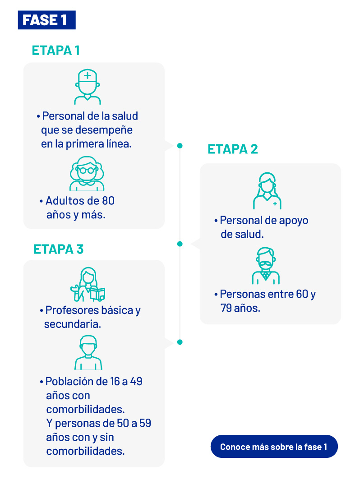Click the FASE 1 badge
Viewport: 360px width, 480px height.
(46, 20)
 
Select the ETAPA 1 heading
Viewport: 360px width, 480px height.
(56, 51)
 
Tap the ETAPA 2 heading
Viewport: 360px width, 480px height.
(233, 149)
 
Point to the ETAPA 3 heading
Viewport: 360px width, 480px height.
(59, 249)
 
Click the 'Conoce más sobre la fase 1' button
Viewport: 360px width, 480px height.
(274, 447)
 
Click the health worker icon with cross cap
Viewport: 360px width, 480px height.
(88, 87)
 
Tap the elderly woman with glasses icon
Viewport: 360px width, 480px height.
(87, 173)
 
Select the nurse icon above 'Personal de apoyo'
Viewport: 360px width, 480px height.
(267, 191)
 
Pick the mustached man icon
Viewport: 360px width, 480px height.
(266, 266)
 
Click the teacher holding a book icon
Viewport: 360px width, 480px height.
(88, 284)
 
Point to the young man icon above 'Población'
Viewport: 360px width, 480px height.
(88, 352)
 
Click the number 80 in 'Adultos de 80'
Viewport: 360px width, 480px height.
(108, 201)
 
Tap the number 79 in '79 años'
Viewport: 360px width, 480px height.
(226, 308)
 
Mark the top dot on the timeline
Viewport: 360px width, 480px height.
(180, 146)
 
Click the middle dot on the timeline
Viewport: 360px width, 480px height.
(180, 244)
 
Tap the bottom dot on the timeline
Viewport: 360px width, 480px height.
(180, 342)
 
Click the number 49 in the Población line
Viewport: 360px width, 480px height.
(136, 382)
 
